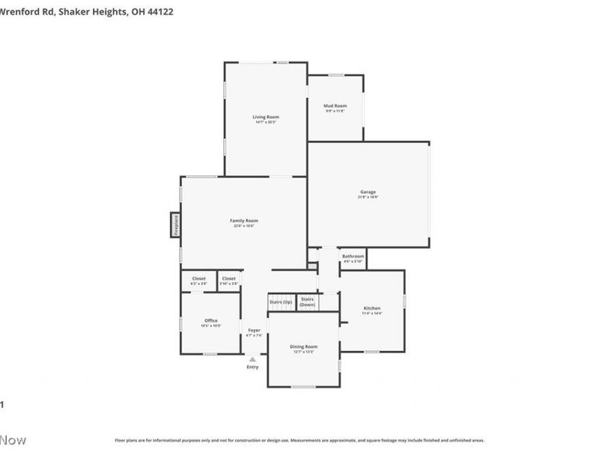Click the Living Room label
point(265,117)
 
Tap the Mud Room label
point(335,106)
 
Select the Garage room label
point(368,192)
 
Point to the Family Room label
point(243,220)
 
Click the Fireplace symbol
point(175,224)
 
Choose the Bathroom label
point(353,256)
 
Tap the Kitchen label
point(372,308)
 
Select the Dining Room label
point(303,346)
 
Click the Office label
point(210,320)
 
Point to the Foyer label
point(255,330)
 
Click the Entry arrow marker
point(252,360)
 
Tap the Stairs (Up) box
point(280,302)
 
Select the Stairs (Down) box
point(308,302)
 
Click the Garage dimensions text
point(368,198)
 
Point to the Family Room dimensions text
point(243,226)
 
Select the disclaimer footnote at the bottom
point(299,441)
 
